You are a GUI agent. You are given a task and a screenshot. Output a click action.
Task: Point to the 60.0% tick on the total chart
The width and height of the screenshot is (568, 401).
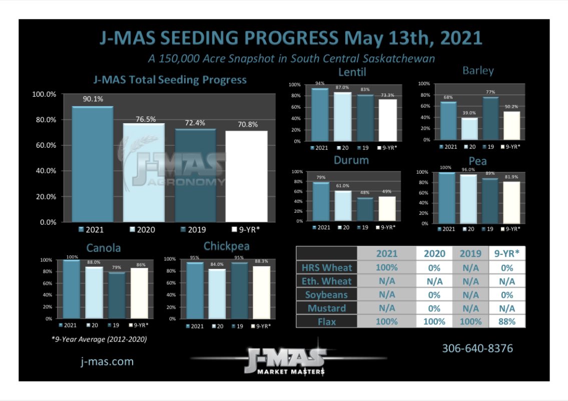pos(45,145)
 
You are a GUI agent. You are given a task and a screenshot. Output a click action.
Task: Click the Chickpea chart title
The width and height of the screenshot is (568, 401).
pos(227,246)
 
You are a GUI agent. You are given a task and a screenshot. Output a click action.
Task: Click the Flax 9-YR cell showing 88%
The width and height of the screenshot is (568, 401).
pos(507,321)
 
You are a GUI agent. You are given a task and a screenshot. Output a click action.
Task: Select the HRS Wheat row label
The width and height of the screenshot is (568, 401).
pos(326,267)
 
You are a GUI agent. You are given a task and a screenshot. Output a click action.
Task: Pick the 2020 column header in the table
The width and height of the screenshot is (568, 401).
pos(433,253)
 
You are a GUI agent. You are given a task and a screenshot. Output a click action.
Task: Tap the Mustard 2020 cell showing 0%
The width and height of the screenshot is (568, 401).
pos(433,308)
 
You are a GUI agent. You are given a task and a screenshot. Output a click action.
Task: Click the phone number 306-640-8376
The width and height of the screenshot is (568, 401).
pos(477,348)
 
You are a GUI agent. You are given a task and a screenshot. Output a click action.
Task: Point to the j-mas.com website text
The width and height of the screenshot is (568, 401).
pos(107,361)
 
